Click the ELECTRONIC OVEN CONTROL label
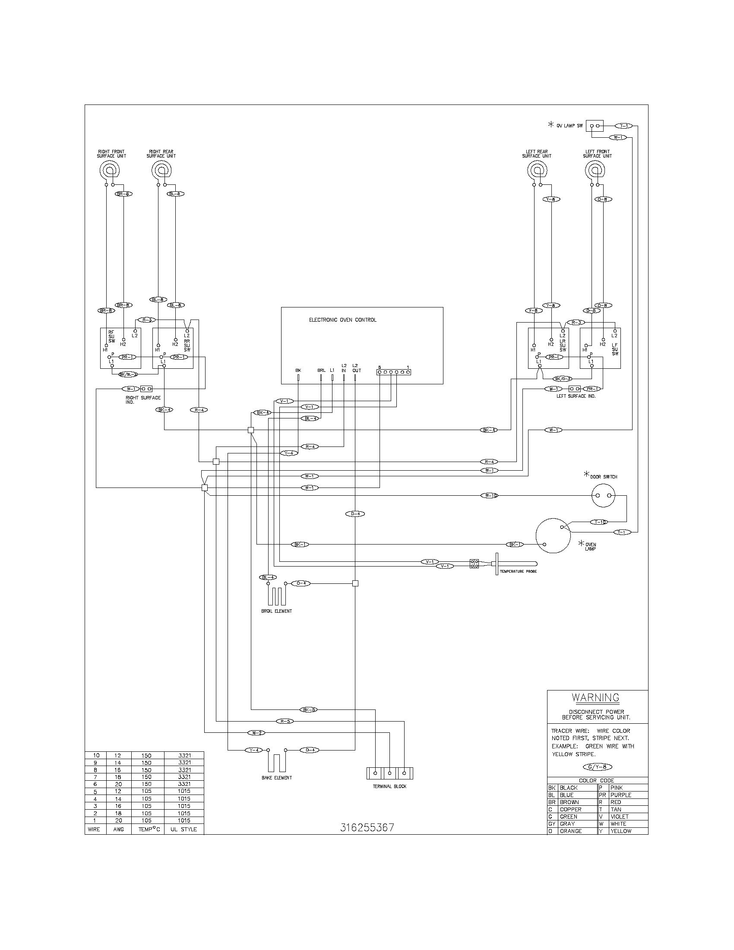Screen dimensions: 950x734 [x=343, y=320]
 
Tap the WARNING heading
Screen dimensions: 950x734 [x=595, y=698]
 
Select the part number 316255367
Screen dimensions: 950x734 [x=367, y=827]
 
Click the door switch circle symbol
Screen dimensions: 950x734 [x=604, y=496]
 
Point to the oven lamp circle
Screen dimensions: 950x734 [x=552, y=535]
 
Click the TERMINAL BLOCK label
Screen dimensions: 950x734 [x=389, y=786]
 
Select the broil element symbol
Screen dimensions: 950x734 [x=276, y=595]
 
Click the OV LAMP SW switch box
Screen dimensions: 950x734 [x=595, y=126]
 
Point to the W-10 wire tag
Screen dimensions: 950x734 [x=489, y=495]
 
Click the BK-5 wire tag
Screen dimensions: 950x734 [x=309, y=710]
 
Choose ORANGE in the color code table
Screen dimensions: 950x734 [x=570, y=831]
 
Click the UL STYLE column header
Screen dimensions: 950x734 [x=183, y=829]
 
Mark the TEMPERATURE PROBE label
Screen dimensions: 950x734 [x=518, y=571]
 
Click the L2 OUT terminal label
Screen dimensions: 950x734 [x=356, y=368]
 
